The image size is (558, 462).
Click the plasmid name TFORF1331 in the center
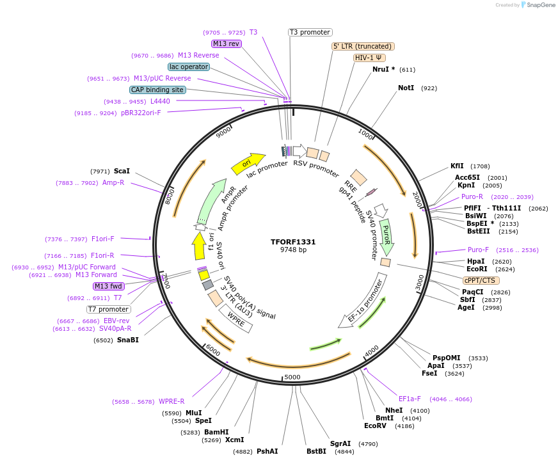click(x=293, y=242)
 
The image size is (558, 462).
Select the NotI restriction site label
click(x=406, y=88)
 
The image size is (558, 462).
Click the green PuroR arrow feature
click(x=386, y=236)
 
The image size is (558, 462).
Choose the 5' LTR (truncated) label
click(x=363, y=46)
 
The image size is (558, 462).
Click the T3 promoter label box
click(x=310, y=32)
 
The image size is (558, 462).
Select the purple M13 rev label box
click(x=227, y=44)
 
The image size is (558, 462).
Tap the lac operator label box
click(x=189, y=67)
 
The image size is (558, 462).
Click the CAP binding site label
click(x=157, y=90)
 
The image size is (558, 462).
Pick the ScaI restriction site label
click(x=122, y=171)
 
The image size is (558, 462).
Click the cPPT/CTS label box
click(x=481, y=280)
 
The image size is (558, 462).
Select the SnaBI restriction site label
click(x=127, y=340)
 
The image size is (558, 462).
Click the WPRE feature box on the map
click(x=235, y=319)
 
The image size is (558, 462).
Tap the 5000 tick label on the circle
click(x=292, y=377)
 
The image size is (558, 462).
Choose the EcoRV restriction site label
click(x=375, y=426)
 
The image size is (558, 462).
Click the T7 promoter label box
click(x=109, y=310)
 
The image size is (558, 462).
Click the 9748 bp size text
click(x=293, y=250)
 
